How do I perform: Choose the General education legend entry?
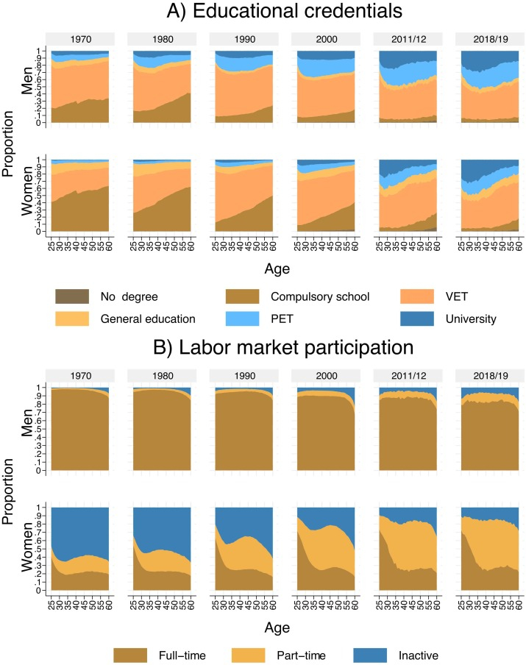tap(157, 319)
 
